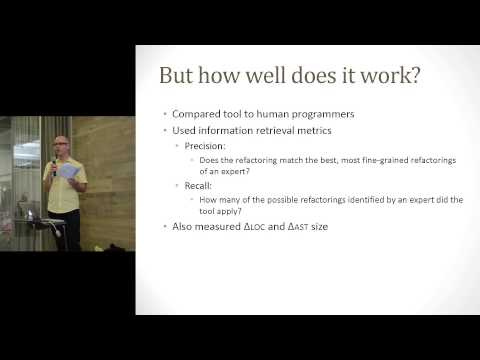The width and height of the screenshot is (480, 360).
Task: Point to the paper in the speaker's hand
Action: [68, 171]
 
